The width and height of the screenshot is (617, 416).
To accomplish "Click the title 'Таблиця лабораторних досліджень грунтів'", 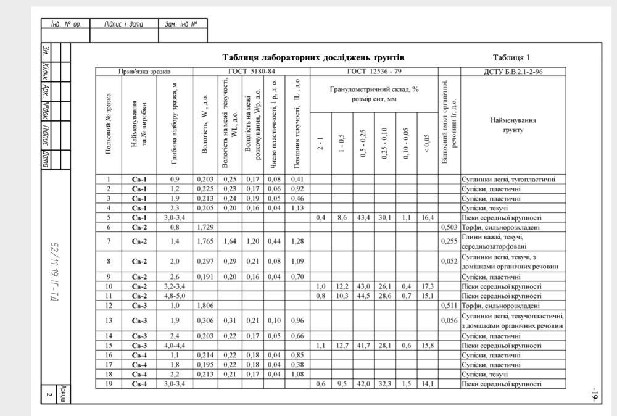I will pyautogui.click(x=313, y=57).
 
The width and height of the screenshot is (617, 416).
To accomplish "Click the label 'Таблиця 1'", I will pyautogui.click(x=511, y=57).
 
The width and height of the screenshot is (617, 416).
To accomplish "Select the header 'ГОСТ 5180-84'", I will pyautogui.click(x=251, y=72).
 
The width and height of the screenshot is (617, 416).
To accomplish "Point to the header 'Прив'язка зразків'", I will pyautogui.click(x=144, y=72).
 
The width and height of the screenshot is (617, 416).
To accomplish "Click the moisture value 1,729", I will pyautogui.click(x=205, y=227).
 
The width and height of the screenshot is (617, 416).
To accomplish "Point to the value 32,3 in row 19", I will pyautogui.click(x=384, y=385).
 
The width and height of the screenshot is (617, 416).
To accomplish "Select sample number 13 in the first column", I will pyautogui.click(x=108, y=320).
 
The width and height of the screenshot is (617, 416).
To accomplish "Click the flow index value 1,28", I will pyautogui.click(x=298, y=241).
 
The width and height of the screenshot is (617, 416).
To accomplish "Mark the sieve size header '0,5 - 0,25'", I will pyautogui.click(x=363, y=146).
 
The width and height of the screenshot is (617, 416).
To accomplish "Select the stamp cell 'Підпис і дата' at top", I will pyautogui.click(x=124, y=25).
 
